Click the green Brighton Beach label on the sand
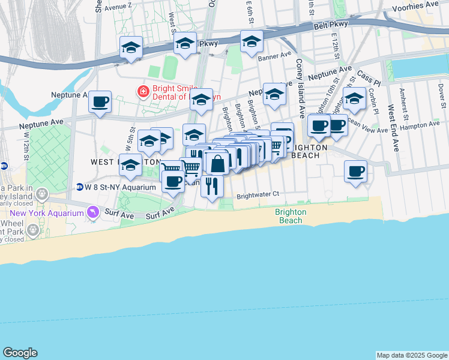pos(291,216)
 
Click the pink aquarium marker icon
pos(92,212)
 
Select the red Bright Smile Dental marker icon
pos(143,92)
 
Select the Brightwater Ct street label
pos(258,194)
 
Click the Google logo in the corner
pos(20,353)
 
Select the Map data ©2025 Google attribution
pos(412,355)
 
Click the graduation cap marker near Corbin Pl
pos(354,99)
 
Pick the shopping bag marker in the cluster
pos(217,162)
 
